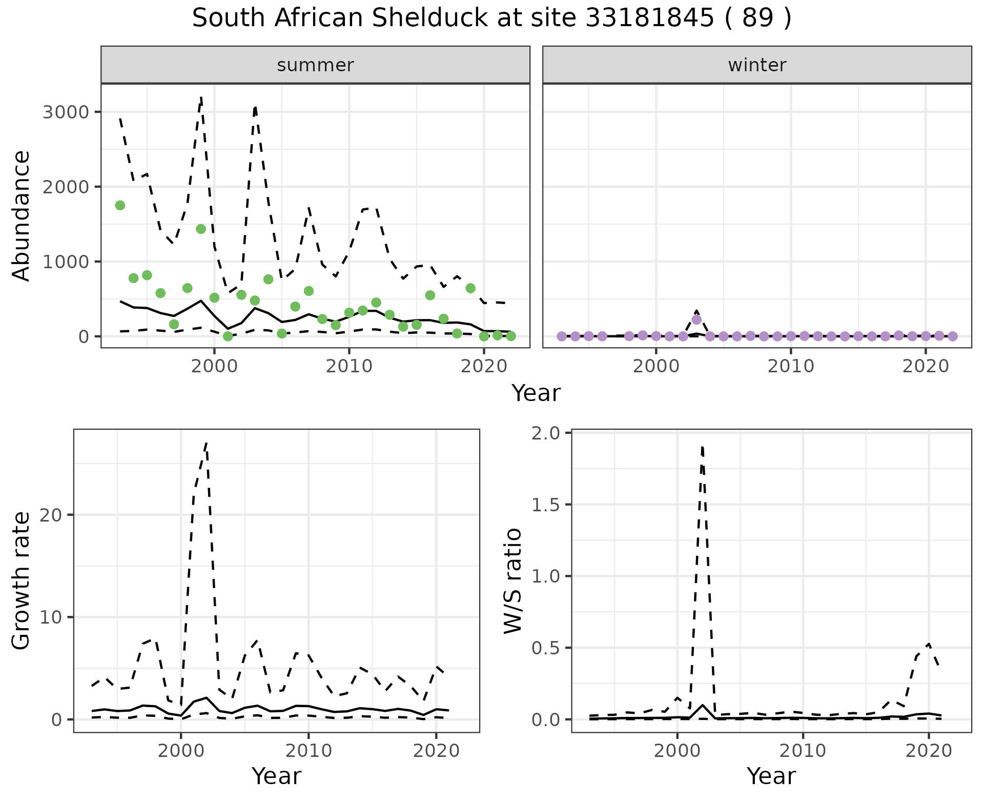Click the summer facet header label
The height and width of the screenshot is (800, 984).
point(315,65)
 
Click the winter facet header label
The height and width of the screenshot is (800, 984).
point(757,65)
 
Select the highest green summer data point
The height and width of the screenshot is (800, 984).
point(120,205)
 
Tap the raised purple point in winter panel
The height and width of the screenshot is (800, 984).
point(696,319)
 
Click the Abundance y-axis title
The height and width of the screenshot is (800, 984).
point(22,215)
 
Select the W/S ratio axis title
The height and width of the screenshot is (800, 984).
point(513,581)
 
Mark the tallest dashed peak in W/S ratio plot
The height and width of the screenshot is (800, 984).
point(702,447)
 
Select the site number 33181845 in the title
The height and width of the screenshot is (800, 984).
point(649,18)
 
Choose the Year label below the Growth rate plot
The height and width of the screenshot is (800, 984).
point(276,776)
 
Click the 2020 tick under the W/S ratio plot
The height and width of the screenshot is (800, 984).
point(929,751)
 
